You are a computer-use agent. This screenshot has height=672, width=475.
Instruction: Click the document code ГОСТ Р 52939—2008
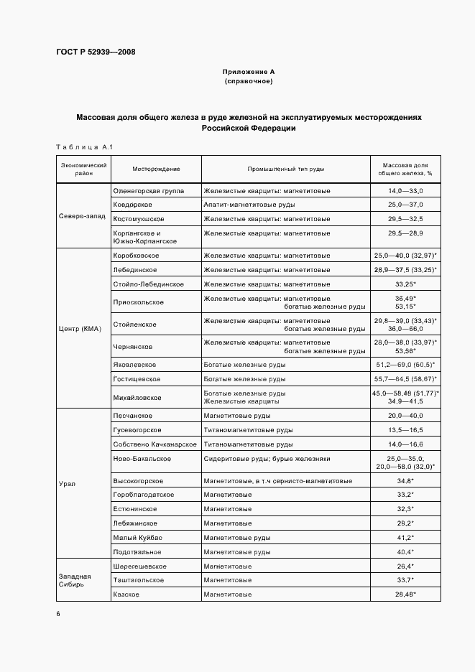point(95,52)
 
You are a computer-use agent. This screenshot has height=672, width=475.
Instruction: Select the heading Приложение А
point(249,73)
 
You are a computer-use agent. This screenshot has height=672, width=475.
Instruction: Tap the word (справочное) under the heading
point(249,82)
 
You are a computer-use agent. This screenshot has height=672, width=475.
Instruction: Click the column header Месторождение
point(156,169)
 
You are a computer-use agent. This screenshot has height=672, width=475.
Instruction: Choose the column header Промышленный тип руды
point(286,169)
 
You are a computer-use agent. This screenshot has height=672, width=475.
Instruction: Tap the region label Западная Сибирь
point(75,580)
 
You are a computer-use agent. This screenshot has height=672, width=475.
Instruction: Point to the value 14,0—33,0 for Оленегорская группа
point(405,191)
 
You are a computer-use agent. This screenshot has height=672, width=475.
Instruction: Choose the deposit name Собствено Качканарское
point(155,444)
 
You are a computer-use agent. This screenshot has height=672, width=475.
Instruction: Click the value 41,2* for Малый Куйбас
point(405,538)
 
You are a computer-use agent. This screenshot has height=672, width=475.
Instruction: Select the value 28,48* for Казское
point(405,595)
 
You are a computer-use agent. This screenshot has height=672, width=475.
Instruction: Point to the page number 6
point(58,614)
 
